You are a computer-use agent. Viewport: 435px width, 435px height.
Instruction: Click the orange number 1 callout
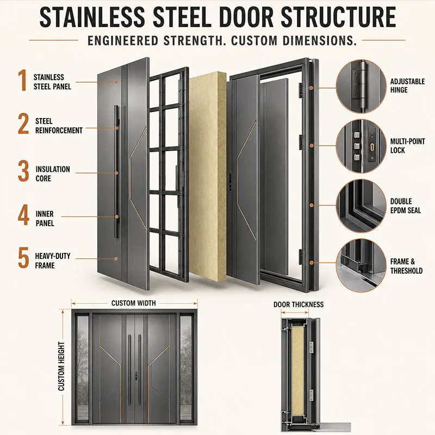pyautogui.click(x=23, y=80)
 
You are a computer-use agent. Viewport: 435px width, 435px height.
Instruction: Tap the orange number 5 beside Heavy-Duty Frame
pyautogui.click(x=23, y=258)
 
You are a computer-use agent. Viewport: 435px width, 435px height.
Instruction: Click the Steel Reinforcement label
pyautogui.click(x=59, y=126)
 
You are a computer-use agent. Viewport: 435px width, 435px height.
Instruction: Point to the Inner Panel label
pyautogui.click(x=45, y=219)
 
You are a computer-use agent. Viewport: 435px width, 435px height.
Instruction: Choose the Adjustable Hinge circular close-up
pyautogui.click(x=361, y=86)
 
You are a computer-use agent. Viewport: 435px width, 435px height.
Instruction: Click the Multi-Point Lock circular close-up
pyautogui.click(x=361, y=146)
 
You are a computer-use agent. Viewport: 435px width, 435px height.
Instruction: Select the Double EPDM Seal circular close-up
pyautogui.click(x=361, y=206)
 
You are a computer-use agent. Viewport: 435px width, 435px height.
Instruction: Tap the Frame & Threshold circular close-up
pyautogui.click(x=361, y=265)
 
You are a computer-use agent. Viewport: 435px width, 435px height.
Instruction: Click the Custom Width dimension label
pyautogui.click(x=133, y=303)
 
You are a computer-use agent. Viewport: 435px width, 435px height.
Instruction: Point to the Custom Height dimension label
pyautogui.click(x=61, y=366)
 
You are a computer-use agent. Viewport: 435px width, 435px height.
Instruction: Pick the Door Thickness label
pyautogui.click(x=299, y=304)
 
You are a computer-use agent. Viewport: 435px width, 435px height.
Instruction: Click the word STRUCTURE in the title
pyautogui.click(x=338, y=17)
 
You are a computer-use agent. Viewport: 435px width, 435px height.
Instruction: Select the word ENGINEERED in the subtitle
pyautogui.click(x=123, y=40)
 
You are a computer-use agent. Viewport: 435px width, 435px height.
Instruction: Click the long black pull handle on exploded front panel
pyautogui.click(x=116, y=172)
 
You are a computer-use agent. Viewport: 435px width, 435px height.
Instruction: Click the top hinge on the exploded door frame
pyautogui.click(x=301, y=90)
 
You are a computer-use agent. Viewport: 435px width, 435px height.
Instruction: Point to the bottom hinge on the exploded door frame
pyautogui.click(x=301, y=257)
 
